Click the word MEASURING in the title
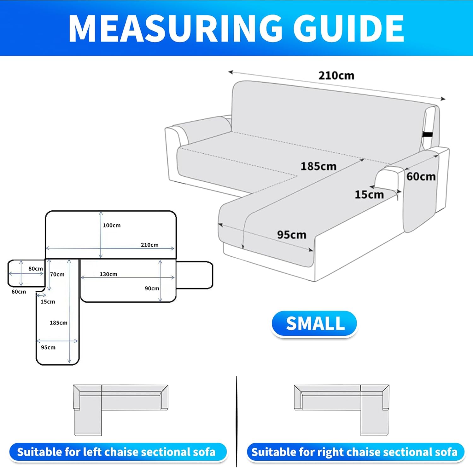coord(175,28)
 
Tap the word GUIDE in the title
coord(348,28)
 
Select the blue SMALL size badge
coord(314,324)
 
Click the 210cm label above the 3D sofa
coord(336,76)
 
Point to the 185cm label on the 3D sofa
coord(318,166)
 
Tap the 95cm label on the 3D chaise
coord(292,235)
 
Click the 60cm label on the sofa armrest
coord(421,176)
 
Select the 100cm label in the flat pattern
coord(112,225)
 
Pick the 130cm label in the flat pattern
coord(108,274)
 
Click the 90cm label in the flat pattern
coord(152,288)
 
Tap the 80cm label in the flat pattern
coord(36,269)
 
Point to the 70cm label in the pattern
coord(57,274)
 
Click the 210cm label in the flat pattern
coord(149,245)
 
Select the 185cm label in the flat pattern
coord(58,323)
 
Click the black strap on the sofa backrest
coord(428,135)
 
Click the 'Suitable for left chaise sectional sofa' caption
coord(116,452)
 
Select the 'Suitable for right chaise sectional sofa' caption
coord(354,452)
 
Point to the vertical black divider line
coord(237,421)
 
